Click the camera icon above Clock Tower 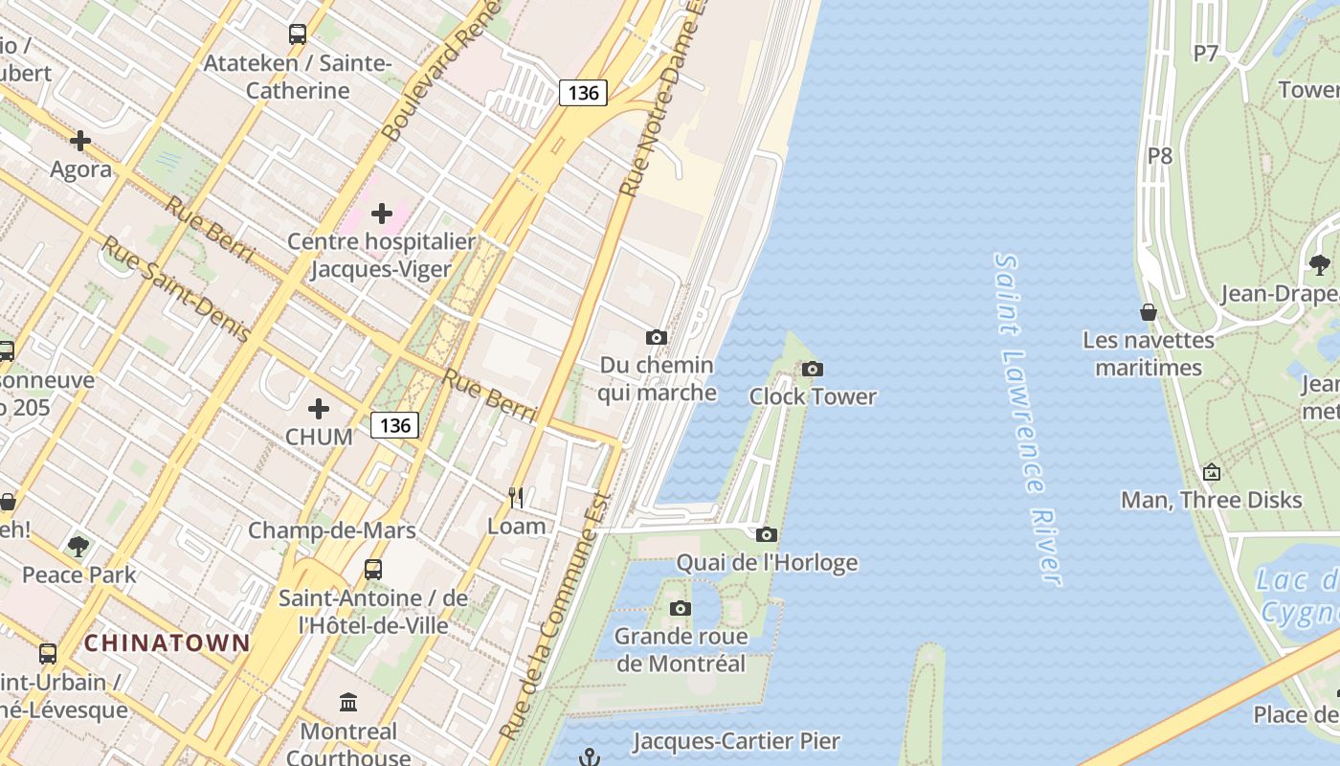click(x=812, y=369)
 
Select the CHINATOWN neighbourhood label click(x=167, y=642)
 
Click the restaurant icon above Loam click(x=516, y=497)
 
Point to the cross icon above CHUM click(x=319, y=409)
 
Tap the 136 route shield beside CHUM click(x=394, y=425)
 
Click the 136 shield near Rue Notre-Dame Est click(x=583, y=93)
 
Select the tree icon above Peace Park click(x=78, y=547)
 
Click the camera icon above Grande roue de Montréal click(x=680, y=608)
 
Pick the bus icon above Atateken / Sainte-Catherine click(x=298, y=34)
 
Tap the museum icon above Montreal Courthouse click(x=348, y=703)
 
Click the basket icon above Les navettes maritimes click(x=1148, y=312)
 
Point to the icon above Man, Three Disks click(x=1211, y=472)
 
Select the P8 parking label click(x=1160, y=155)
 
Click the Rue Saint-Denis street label click(x=176, y=290)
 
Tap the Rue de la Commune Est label click(x=555, y=618)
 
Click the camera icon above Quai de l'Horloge click(x=766, y=534)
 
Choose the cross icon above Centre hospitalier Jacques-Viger click(x=382, y=213)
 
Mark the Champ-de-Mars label click(x=331, y=530)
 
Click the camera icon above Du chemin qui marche click(x=656, y=337)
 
